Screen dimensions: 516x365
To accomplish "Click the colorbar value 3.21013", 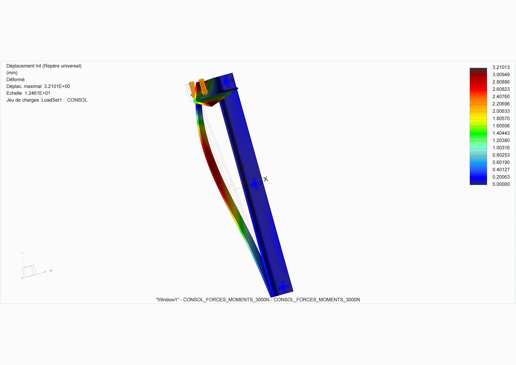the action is coord(501,67).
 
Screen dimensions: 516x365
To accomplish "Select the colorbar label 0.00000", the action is coord(501,184).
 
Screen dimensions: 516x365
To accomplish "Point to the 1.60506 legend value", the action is coord(501,126).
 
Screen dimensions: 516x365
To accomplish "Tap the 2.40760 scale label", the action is coord(501,97).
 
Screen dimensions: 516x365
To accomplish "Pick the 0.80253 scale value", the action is coord(501,155).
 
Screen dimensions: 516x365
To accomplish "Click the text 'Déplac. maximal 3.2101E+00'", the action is coord(38,86).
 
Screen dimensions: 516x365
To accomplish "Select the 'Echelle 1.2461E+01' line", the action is coord(28,93).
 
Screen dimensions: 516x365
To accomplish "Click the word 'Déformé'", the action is coord(15,80).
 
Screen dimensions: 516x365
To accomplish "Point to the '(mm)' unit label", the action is coord(12,73).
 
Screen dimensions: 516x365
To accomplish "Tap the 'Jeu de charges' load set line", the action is coord(47,100).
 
